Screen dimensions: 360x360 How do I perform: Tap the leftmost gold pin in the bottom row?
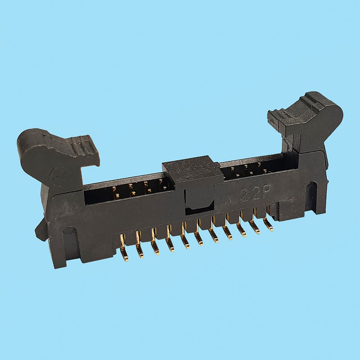(123, 254)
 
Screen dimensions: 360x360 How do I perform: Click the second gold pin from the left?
(139, 251)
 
